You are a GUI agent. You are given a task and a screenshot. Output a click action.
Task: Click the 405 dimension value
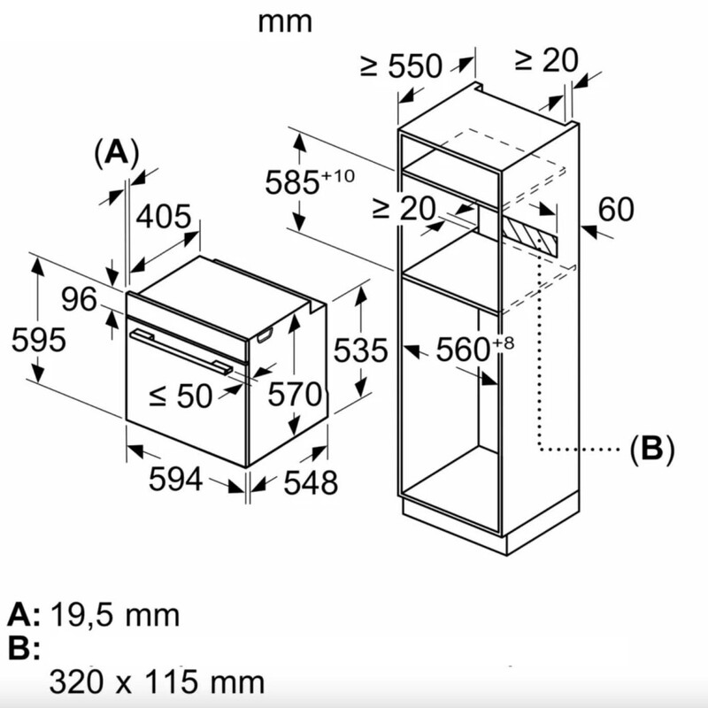point(163,217)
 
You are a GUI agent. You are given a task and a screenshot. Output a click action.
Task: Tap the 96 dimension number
point(79,300)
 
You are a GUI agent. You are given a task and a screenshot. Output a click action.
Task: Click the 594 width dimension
point(176,480)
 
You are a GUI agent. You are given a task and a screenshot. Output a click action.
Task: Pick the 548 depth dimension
point(311,482)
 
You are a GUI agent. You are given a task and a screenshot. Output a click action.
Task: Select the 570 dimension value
point(294,395)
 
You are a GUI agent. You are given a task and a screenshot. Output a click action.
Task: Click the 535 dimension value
point(360,350)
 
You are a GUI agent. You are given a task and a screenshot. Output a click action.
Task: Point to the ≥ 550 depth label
point(400,65)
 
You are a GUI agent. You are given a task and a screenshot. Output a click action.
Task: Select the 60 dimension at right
point(616,210)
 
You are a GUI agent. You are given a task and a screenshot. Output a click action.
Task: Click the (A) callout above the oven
point(116,152)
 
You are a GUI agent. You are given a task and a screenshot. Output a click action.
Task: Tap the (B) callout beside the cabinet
point(651,449)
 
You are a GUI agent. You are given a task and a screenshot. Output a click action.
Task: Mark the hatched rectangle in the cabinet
point(530,234)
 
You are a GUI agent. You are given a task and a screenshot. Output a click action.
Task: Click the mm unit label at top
point(285,21)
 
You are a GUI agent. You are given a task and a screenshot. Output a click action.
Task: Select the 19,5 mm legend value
point(115,614)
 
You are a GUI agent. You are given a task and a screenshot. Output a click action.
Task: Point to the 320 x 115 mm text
point(157,681)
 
